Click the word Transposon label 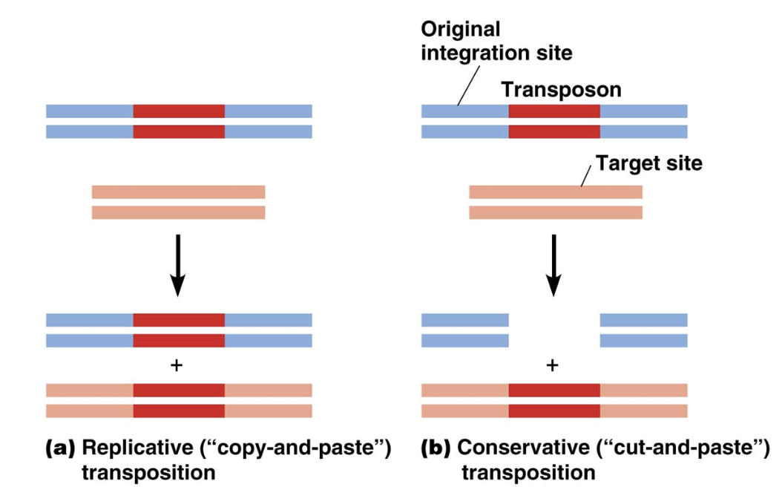561,89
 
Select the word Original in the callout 461,30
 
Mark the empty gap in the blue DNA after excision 554,330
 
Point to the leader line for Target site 587,175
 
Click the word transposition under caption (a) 149,472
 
